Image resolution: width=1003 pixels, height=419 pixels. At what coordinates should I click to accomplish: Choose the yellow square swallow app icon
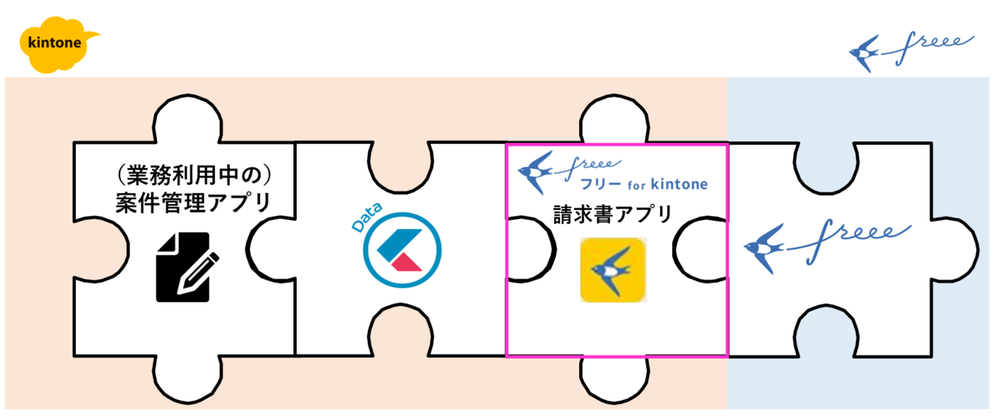click(613, 269)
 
